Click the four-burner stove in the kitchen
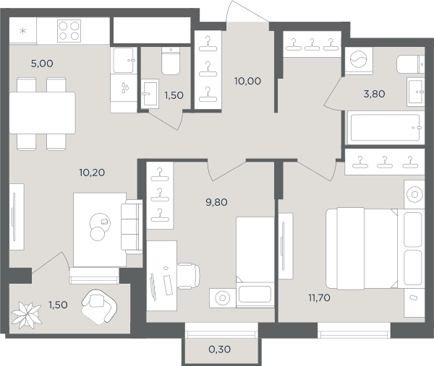coord(69,31)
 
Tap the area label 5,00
coord(42,64)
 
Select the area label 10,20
coord(92,173)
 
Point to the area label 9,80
coord(216,202)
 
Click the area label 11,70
coord(319,297)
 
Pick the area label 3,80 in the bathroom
coord(374,94)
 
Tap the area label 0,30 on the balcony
coord(219,349)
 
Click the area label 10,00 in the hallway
coord(247,81)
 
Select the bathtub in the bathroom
coord(386,128)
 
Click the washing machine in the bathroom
coord(359,60)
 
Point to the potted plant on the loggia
coord(27,315)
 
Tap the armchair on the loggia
coord(99,307)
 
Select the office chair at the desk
coord(188,276)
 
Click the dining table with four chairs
coord(42,113)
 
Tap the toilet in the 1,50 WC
coord(171,61)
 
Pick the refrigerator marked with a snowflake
coord(23,30)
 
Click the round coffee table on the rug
coord(100,223)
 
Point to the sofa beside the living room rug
coord(132,227)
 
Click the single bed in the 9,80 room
coord(255,263)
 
